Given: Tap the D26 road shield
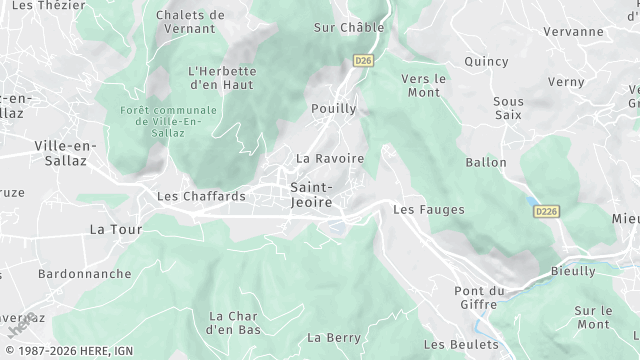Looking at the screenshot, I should tap(363, 61).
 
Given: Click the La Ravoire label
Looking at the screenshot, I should tap(330, 158).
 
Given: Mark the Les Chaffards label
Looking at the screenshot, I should tap(201, 196).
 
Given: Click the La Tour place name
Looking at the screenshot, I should tap(113, 229).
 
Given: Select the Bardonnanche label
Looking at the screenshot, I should tap(85, 273).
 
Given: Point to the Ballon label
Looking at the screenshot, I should tap(486, 162).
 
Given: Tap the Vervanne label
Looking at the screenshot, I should tap(573, 31).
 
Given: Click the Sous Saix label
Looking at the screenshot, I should tap(508, 109).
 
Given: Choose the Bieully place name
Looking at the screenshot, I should tap(573, 271).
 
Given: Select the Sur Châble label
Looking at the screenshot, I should tap(348, 28).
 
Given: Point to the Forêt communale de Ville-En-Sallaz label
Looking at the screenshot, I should tap(167, 121).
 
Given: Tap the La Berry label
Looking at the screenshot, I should tap(334, 338).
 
